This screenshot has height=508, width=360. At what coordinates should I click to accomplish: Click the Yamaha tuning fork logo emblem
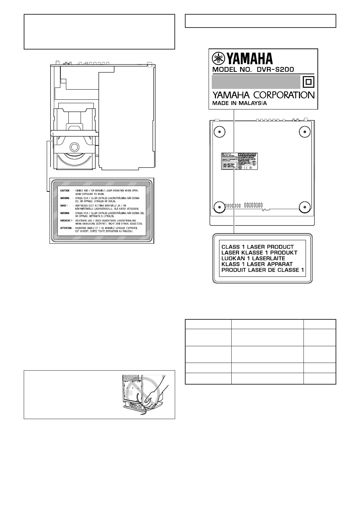coord(219,58)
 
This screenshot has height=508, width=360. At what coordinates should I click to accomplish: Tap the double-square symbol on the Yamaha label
coord(308,82)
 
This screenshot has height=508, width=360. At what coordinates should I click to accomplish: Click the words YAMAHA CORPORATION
coord(263,95)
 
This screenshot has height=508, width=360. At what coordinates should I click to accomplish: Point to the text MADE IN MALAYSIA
coord(240,103)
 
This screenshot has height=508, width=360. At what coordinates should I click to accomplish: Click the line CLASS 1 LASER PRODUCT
coord(258,247)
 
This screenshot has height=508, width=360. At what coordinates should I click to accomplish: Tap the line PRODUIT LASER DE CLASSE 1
coord(263,270)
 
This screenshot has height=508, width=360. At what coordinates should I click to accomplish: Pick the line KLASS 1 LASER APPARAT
coord(257,264)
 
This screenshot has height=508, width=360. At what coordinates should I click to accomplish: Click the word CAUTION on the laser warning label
coord(65,191)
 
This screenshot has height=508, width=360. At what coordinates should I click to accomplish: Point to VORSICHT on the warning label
coord(66,220)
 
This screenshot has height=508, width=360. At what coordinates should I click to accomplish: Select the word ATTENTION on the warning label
coord(66,228)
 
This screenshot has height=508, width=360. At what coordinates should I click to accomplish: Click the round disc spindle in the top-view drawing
coord(74,146)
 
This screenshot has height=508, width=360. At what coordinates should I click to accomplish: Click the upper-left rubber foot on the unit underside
coord(219,131)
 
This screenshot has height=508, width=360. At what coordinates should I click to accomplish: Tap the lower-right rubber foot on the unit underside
coord(305,207)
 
